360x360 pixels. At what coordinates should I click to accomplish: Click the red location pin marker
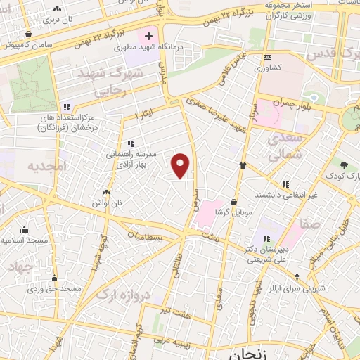[181, 166]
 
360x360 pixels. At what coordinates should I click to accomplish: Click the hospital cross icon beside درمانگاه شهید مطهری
[148, 35]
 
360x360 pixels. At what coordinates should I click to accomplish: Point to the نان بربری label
[58, 19]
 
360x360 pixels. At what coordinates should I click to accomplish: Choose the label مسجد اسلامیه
[25, 240]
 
